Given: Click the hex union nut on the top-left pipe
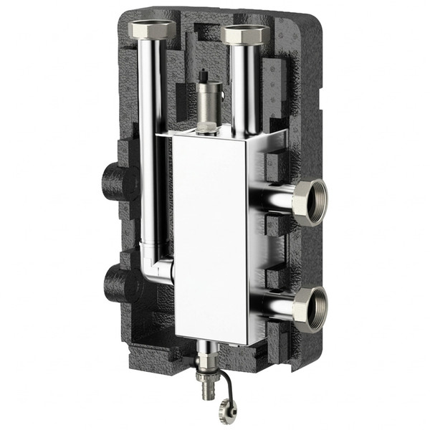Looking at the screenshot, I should click(x=151, y=31).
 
